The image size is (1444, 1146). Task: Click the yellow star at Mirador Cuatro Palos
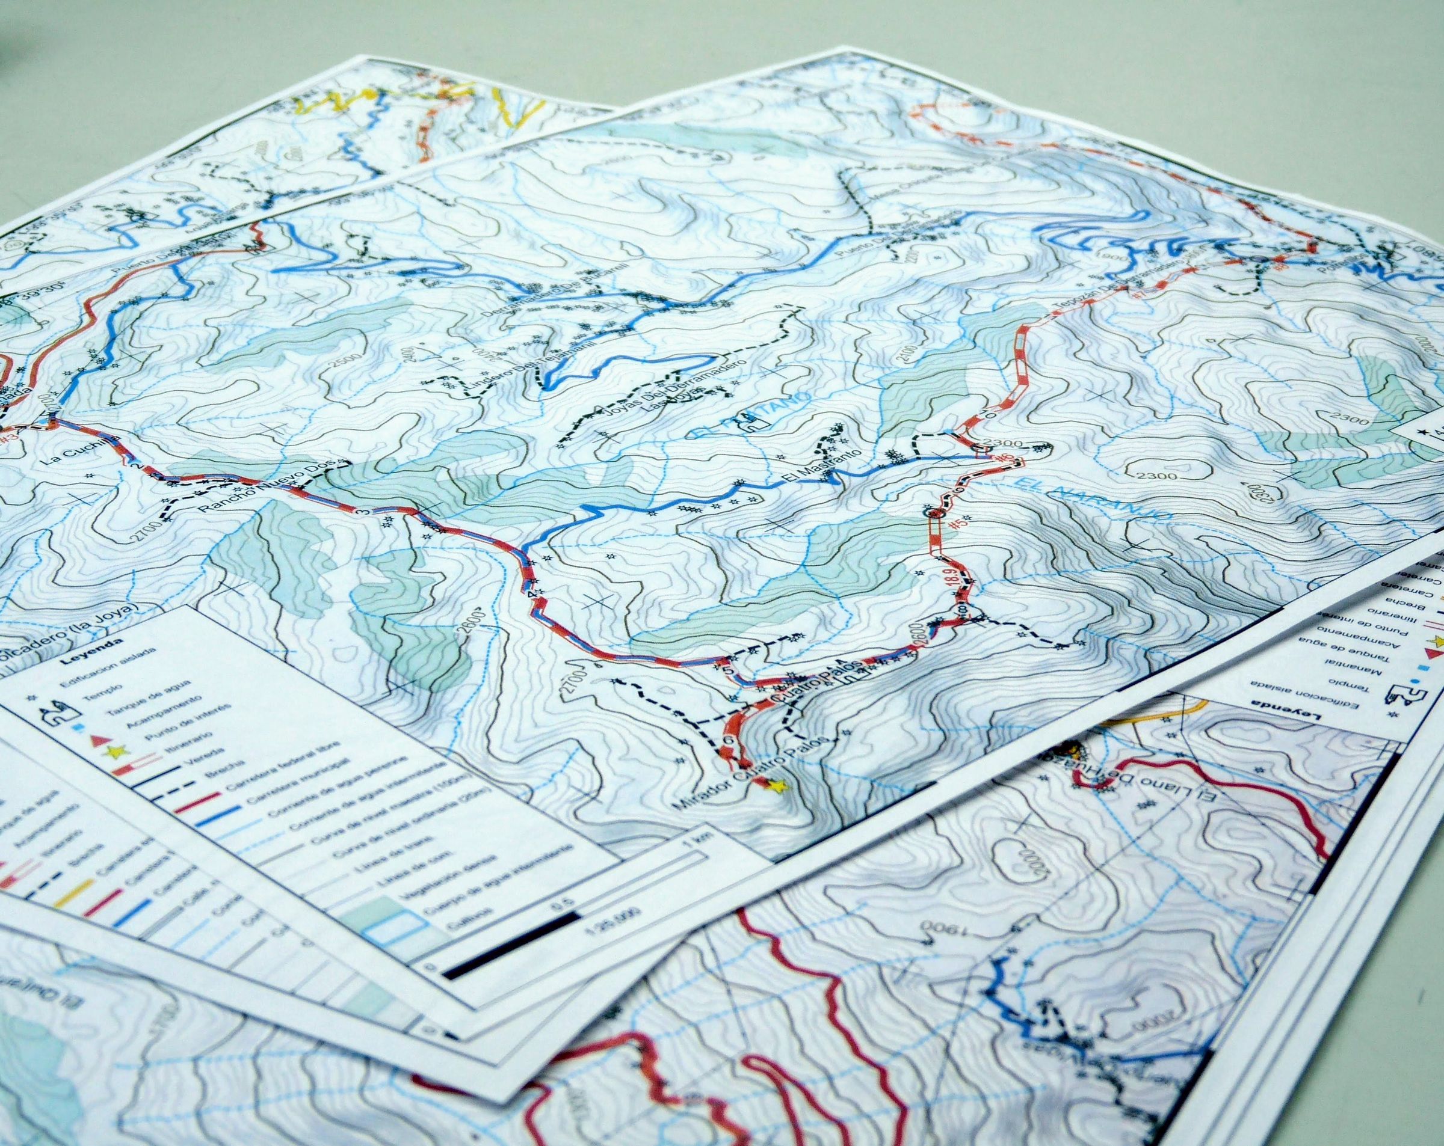pos(777,788)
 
